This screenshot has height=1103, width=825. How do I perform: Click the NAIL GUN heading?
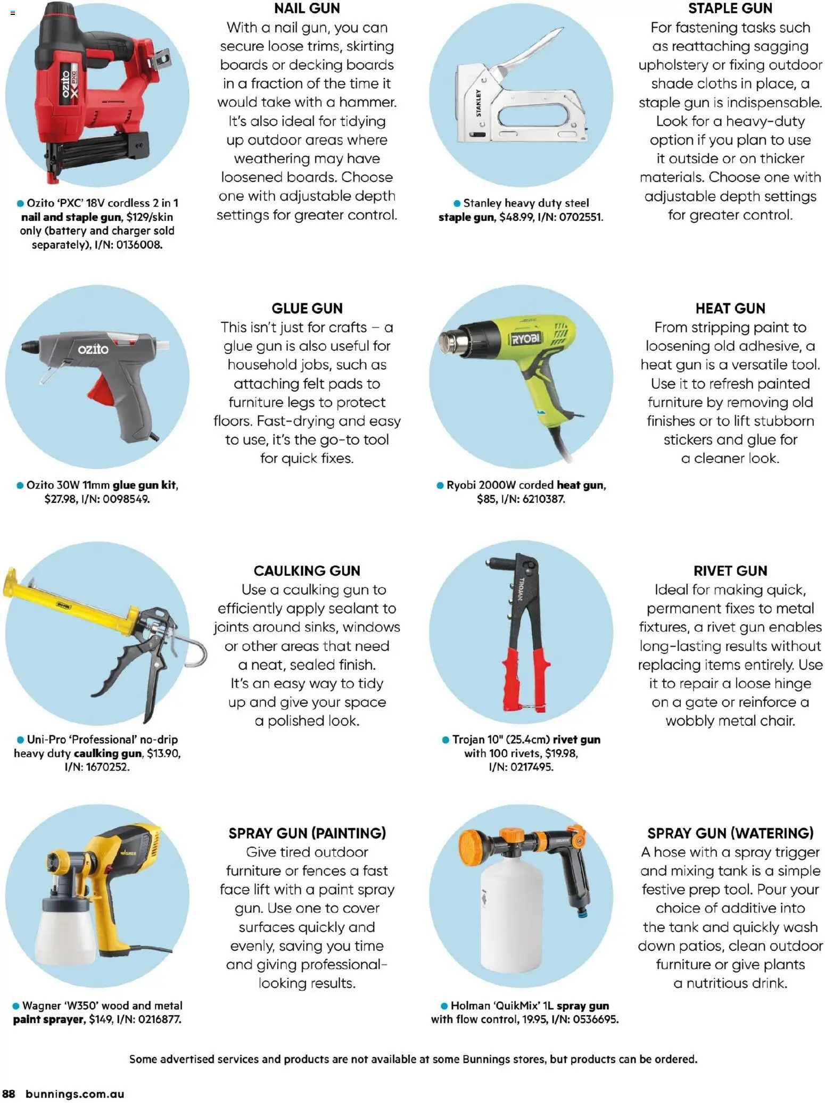click(307, 9)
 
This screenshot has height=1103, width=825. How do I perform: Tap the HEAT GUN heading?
click(730, 309)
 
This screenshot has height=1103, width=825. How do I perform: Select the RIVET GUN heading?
click(730, 571)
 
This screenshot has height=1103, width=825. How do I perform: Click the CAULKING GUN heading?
click(307, 571)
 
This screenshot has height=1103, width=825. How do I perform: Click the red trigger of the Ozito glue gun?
click(102, 391)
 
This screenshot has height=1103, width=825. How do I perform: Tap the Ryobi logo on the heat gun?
click(525, 339)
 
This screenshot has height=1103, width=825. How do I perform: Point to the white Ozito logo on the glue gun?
click(93, 349)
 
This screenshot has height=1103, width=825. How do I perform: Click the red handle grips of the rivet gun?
click(524, 678)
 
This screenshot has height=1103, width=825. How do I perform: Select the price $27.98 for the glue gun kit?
click(60, 499)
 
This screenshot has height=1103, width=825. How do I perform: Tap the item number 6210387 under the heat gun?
click(543, 499)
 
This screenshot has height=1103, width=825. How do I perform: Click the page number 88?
click(9, 1094)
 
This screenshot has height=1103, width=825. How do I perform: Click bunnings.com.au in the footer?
click(75, 1094)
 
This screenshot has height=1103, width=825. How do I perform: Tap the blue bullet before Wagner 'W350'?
click(16, 1006)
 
